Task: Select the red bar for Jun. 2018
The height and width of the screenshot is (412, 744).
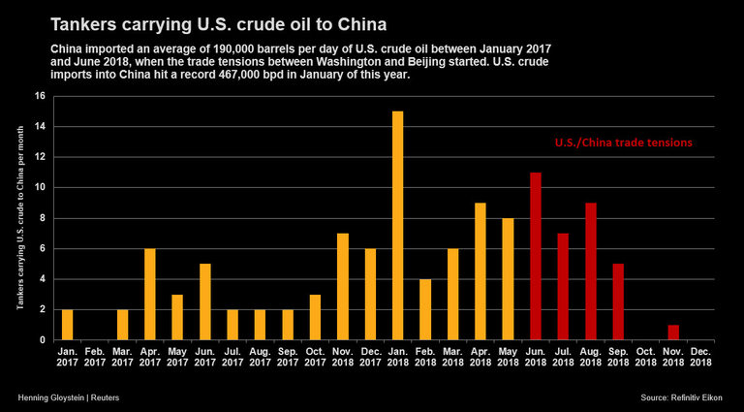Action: (536, 256)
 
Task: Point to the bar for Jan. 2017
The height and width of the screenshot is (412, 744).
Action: (67, 325)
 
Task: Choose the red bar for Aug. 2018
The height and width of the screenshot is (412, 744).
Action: (591, 271)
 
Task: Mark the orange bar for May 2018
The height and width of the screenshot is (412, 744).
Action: (508, 279)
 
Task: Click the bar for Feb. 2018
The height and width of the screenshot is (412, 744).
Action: (425, 309)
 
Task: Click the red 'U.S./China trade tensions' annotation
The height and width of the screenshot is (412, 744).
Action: (623, 143)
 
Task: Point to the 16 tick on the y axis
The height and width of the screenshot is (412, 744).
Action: (40, 96)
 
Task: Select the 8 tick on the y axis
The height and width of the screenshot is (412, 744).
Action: (42, 218)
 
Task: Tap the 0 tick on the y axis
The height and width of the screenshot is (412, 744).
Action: (42, 340)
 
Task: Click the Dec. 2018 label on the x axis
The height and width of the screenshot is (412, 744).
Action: (701, 357)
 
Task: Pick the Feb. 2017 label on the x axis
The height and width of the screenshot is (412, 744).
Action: (94, 357)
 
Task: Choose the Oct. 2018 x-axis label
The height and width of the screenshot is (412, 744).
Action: (646, 357)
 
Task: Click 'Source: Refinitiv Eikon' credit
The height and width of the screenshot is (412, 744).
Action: (687, 398)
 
